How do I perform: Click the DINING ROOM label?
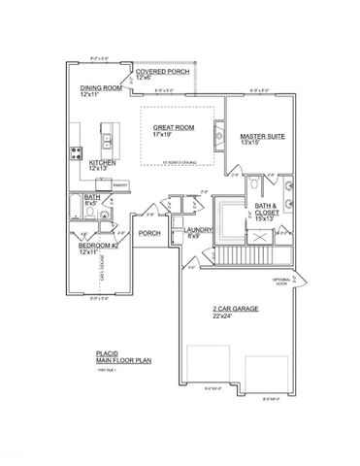99,87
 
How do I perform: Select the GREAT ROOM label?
173,126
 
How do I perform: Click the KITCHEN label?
104,162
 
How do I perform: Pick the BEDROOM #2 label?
99,246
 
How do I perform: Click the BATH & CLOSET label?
267,207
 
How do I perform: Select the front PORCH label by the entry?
149,233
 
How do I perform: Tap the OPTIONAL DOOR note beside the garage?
281,282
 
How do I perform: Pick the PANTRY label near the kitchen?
120,184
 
